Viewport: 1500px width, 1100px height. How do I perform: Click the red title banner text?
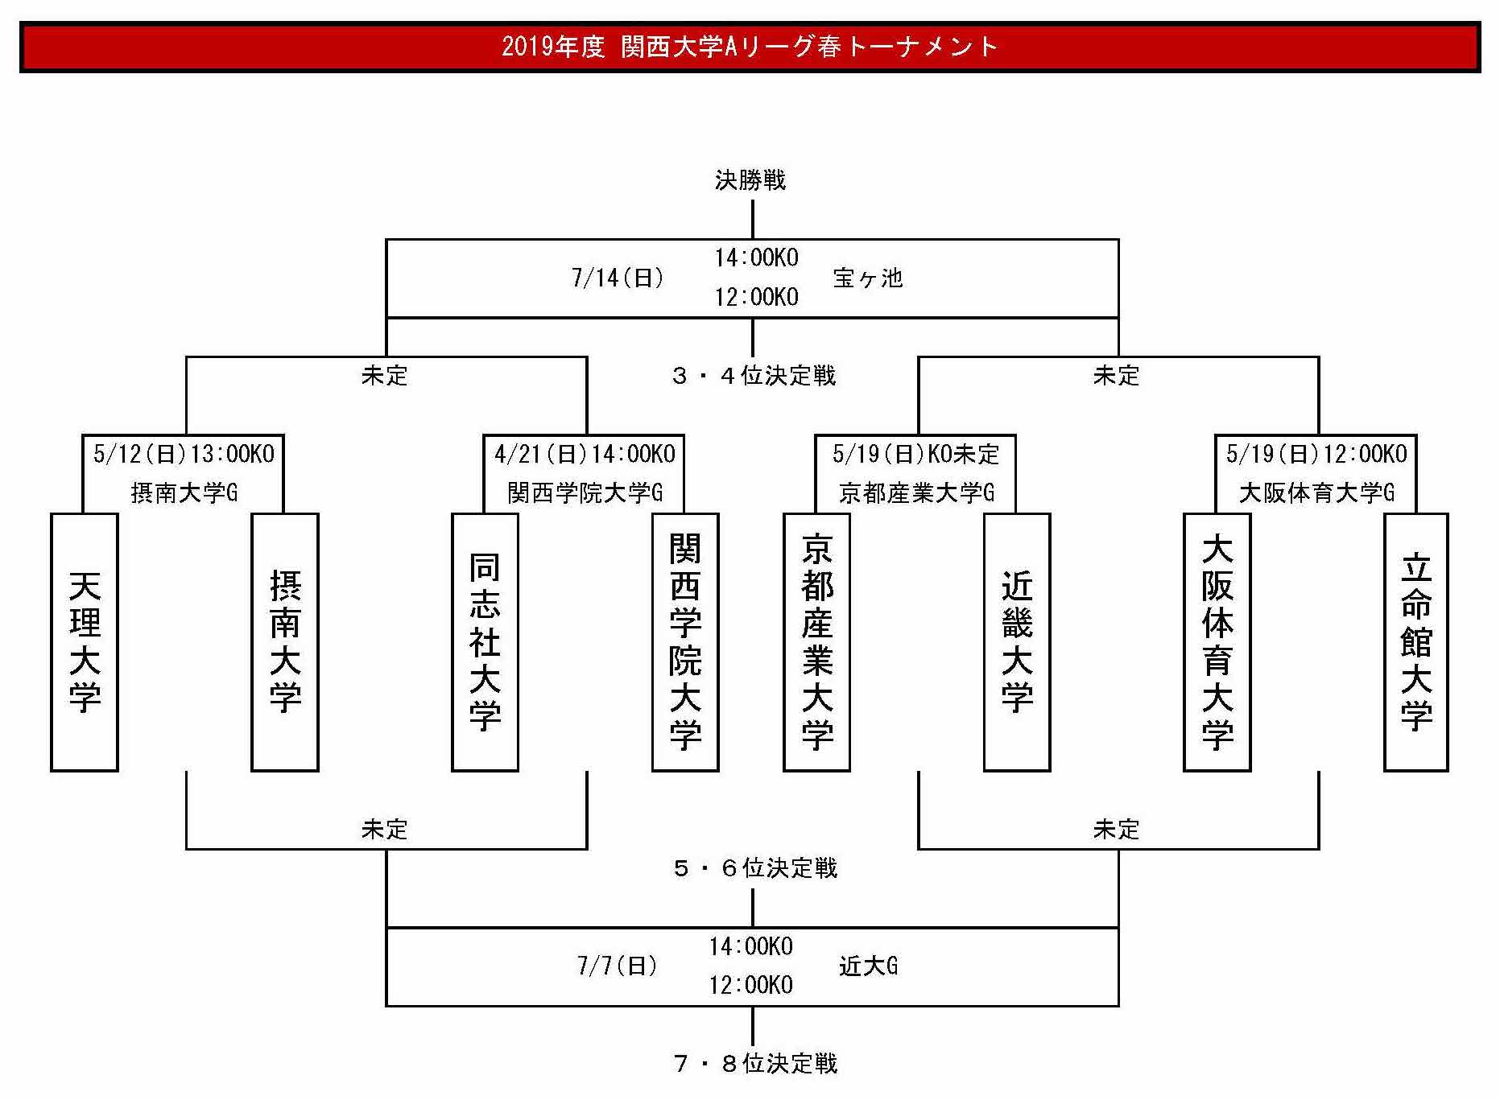(x=750, y=47)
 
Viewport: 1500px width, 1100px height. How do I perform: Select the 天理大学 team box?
(x=85, y=642)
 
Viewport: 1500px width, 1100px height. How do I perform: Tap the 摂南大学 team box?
(x=285, y=642)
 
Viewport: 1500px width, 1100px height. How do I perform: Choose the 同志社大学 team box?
(x=485, y=642)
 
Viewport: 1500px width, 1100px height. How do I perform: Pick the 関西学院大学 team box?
(x=685, y=642)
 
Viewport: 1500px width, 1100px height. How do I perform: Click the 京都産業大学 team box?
(x=816, y=642)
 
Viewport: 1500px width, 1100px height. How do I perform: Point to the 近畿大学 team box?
(x=1017, y=642)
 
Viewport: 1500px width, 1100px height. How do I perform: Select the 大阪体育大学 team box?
(x=1217, y=642)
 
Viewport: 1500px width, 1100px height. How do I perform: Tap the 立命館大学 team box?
(x=1416, y=642)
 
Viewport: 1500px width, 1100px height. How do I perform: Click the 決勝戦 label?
(x=750, y=179)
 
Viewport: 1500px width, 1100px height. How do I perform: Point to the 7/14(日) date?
(x=618, y=278)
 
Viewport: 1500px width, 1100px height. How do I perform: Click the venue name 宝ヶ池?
(x=868, y=278)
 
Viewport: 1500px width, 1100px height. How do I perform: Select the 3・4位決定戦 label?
(x=754, y=375)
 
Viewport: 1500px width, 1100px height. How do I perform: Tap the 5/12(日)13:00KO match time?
(x=184, y=454)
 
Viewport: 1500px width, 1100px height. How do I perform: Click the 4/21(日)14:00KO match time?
(x=585, y=454)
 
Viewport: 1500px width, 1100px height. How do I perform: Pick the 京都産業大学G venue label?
(x=916, y=492)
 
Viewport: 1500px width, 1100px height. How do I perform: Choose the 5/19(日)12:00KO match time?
(x=1316, y=454)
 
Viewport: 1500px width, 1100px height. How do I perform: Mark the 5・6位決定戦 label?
(x=755, y=867)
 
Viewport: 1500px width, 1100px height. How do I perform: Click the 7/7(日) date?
(x=618, y=966)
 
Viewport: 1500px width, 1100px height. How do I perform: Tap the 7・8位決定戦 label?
(x=755, y=1063)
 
